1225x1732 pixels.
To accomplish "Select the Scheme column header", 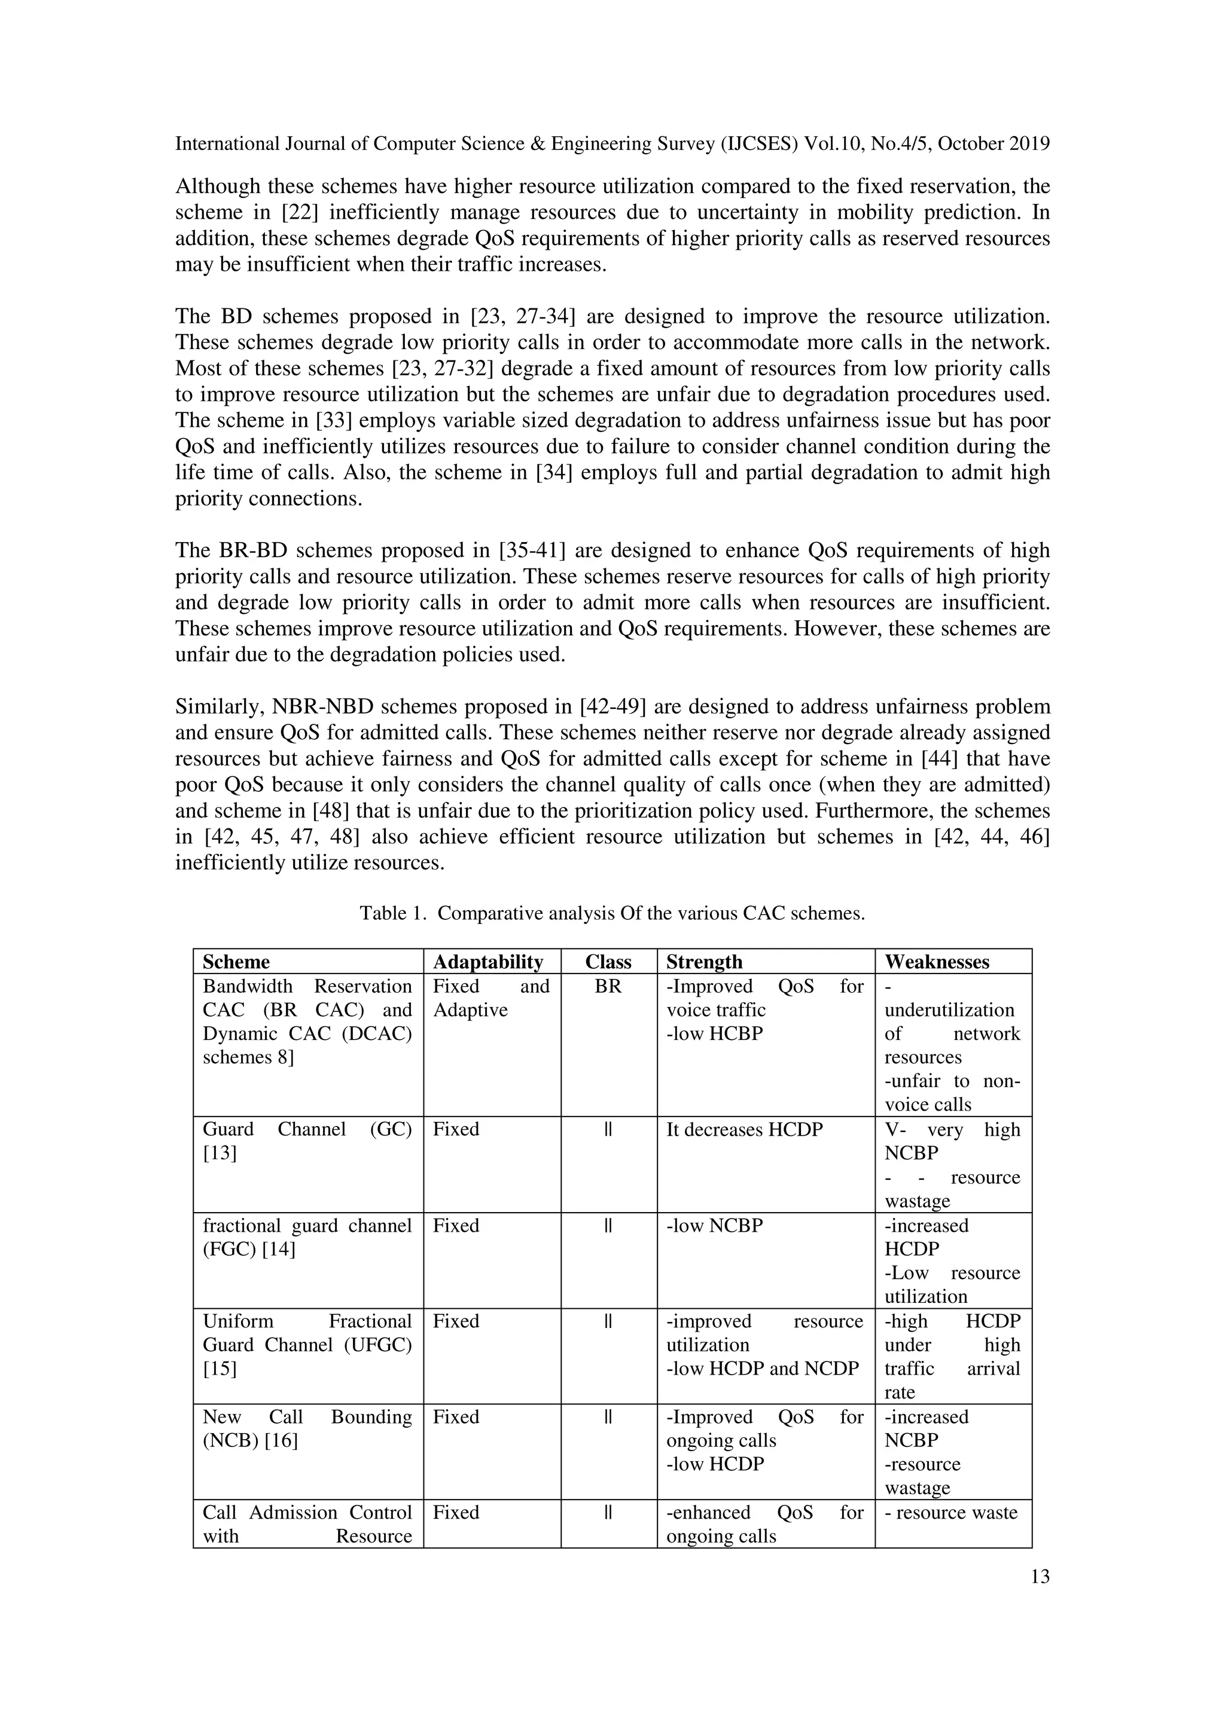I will (x=236, y=962).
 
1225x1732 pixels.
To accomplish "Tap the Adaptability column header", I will (x=487, y=962).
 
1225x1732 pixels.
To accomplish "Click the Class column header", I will (x=608, y=962).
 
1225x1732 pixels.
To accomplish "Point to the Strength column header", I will (x=703, y=962).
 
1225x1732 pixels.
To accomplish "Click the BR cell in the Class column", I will (x=608, y=987).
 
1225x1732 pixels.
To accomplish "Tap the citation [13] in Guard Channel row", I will (x=220, y=1153).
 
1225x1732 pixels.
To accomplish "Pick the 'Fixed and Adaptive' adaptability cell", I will (x=490, y=998).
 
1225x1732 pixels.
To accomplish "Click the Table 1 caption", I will (x=611, y=914).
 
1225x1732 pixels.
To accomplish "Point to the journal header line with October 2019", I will (x=611, y=143).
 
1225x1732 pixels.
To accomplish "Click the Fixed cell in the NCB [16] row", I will (x=456, y=1416).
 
